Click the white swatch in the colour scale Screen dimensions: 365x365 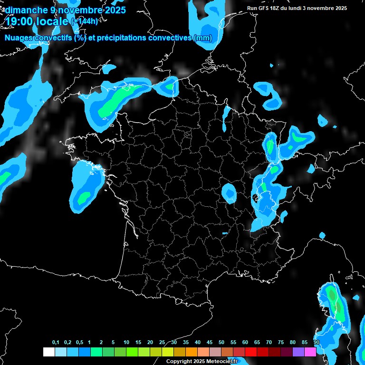coord(48,352)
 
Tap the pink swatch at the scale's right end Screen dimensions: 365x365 coord(310,352)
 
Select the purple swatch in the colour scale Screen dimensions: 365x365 coord(298,352)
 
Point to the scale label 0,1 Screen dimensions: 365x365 coord(56,343)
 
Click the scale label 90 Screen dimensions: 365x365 coord(317,343)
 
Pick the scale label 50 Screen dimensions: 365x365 coord(221,343)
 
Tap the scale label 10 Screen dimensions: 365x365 coord(126,343)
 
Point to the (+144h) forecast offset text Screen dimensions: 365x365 coord(84,21)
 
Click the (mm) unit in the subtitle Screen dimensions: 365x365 coord(203,38)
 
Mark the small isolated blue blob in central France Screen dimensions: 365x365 coord(230,192)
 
